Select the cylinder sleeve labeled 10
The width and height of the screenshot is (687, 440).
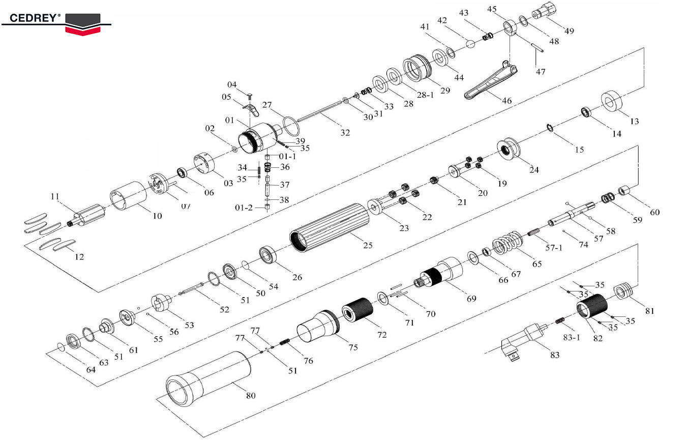click(130, 197)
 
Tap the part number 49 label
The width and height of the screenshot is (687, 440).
click(569, 31)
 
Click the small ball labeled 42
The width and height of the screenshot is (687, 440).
click(470, 44)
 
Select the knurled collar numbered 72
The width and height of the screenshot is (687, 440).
click(359, 310)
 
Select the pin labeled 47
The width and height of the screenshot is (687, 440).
click(537, 46)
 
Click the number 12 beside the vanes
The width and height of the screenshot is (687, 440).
click(79, 257)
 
